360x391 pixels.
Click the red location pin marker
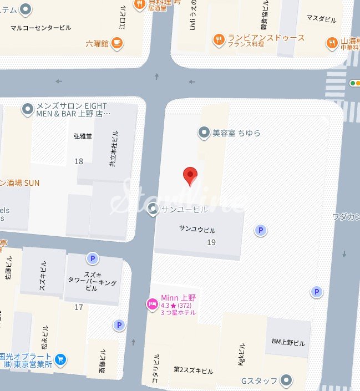pyautogui.click(x=190, y=176)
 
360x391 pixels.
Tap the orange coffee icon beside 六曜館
pyautogui.click(x=116, y=43)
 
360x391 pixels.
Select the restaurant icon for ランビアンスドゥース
pyautogui.click(x=219, y=39)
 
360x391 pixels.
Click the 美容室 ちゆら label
pyautogui.click(x=236, y=133)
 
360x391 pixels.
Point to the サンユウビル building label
pyautogui.click(x=197, y=230)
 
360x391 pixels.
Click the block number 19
pyautogui.click(x=211, y=242)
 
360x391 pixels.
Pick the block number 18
pyautogui.click(x=78, y=161)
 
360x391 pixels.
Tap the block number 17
pyautogui.click(x=78, y=307)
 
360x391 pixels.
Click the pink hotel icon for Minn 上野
pyautogui.click(x=151, y=304)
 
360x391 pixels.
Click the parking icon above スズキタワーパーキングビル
pyautogui.click(x=92, y=258)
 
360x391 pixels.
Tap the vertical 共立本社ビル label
pyautogui.click(x=114, y=149)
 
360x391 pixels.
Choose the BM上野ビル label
pyautogui.click(x=288, y=343)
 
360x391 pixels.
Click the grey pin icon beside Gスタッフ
pyautogui.click(x=286, y=380)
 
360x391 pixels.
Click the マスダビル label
pyautogui.click(x=322, y=19)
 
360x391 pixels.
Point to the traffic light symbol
pyautogui.click(x=354, y=83)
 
